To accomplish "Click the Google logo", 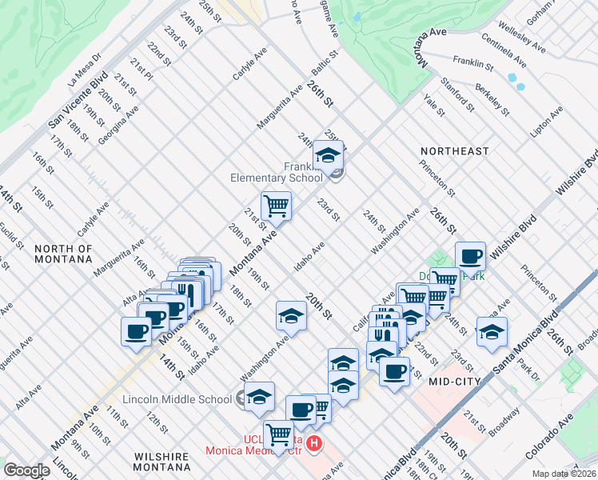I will [26, 470].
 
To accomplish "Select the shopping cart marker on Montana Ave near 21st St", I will [276, 206].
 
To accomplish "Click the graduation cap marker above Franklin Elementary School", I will [328, 156].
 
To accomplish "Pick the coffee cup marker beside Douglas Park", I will [471, 257].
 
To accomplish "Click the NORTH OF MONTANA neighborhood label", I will [64, 254].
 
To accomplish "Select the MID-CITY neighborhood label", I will [454, 382].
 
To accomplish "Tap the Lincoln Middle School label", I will [177, 398].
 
